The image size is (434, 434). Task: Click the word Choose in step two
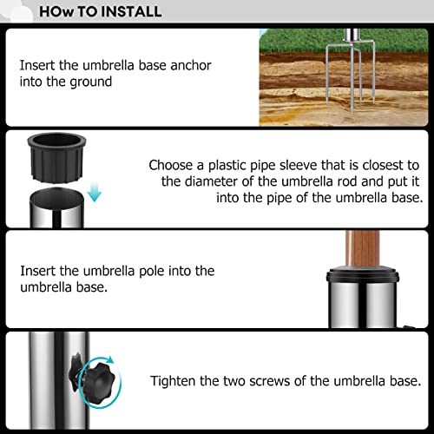(x=170, y=165)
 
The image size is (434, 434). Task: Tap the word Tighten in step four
(x=174, y=380)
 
